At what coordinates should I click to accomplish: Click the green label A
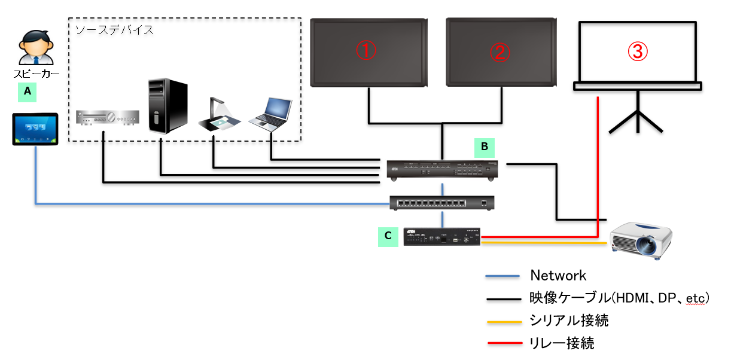click(26, 91)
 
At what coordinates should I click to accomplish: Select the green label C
click(388, 236)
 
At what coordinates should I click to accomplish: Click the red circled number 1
click(366, 52)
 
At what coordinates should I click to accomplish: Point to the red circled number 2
click(501, 52)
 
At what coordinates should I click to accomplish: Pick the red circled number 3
click(638, 52)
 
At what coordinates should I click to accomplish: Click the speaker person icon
click(35, 48)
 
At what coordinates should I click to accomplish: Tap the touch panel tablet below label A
click(36, 129)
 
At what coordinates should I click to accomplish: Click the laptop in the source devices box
click(270, 114)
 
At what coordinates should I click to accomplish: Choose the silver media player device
click(108, 118)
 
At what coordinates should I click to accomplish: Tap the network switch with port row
click(442, 203)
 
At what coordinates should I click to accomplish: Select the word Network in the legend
click(558, 276)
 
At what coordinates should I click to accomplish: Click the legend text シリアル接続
click(569, 321)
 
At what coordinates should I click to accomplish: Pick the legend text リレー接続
click(562, 343)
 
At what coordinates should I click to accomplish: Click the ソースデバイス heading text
click(114, 29)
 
